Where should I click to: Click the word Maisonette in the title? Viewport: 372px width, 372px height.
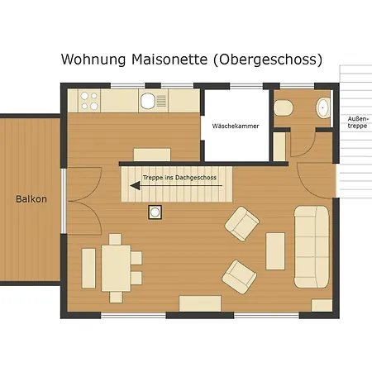coord(169,60)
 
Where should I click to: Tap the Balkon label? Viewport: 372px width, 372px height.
coord(31,199)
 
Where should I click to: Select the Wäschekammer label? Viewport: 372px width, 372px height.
coord(236,126)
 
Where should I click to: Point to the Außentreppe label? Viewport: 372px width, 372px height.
coord(357,122)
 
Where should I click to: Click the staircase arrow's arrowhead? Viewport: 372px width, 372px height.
coord(135,186)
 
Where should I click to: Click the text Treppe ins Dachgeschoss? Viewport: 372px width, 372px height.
coord(179,178)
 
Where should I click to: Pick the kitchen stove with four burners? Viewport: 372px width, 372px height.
coord(89,101)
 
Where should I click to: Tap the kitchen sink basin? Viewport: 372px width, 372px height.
coord(148,101)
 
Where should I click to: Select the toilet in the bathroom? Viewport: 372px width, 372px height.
coord(284,107)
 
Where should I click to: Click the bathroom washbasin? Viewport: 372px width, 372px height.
coord(323,107)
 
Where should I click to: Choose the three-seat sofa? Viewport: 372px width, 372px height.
coord(312,246)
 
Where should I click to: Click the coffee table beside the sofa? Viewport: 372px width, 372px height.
coord(275,251)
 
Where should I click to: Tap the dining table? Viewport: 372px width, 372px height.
coord(116,268)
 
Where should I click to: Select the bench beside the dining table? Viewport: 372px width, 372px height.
coord(88,268)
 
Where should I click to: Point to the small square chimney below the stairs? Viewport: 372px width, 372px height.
coord(155,212)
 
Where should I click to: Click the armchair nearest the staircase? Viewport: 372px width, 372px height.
coord(242,224)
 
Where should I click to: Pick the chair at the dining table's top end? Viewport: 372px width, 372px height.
coord(115,240)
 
